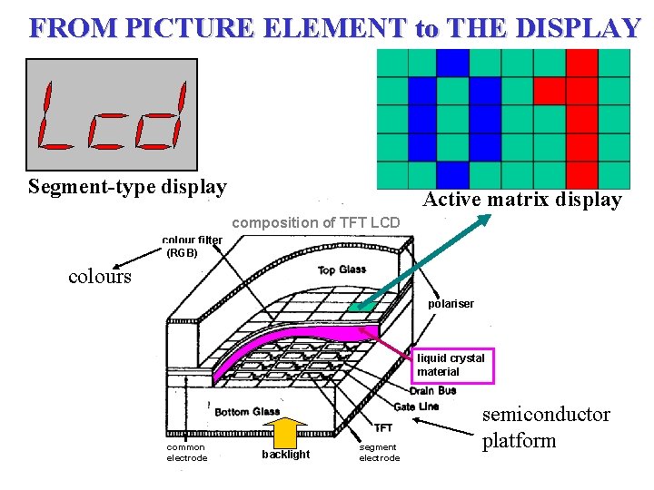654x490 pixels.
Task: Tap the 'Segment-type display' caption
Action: tap(127, 187)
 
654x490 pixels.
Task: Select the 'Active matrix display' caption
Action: tap(522, 200)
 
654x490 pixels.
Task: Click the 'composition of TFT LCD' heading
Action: tap(316, 222)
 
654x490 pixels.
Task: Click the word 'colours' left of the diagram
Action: tap(99, 277)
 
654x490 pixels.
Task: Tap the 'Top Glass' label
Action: tap(342, 269)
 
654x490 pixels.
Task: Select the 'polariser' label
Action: tap(451, 304)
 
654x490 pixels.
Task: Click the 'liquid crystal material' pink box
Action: tap(453, 365)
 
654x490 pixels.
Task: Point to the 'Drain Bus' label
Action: tap(433, 391)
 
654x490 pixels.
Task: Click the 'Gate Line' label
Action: tap(416, 406)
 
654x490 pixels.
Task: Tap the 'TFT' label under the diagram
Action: tap(383, 427)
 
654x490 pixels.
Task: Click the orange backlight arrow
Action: tap(287, 432)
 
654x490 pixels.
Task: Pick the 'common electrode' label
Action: tap(186, 452)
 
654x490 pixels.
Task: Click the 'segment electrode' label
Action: tap(379, 452)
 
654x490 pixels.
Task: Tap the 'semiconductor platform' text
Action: tap(545, 427)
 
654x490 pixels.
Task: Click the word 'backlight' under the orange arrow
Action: tap(285, 455)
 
